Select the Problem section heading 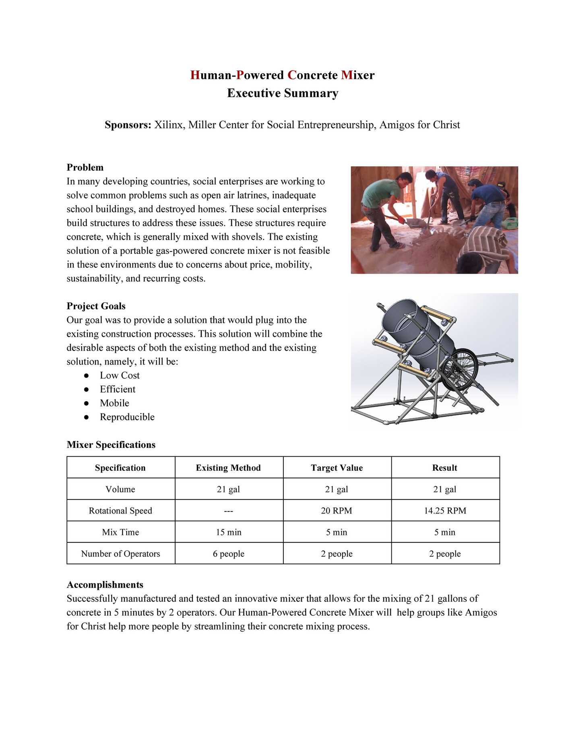[x=85, y=167]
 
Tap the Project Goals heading [x=96, y=306]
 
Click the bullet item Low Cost [x=120, y=375]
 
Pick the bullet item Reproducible [x=127, y=417]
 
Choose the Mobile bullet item [x=114, y=403]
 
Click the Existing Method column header [x=228, y=468]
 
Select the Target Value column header [x=337, y=468]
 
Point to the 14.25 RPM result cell [x=445, y=511]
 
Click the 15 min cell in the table [x=229, y=532]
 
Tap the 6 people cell [x=229, y=554]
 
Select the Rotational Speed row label [x=120, y=511]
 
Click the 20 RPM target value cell [x=337, y=511]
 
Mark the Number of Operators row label [x=120, y=554]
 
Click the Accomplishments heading [x=105, y=585]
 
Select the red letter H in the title [x=195, y=75]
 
